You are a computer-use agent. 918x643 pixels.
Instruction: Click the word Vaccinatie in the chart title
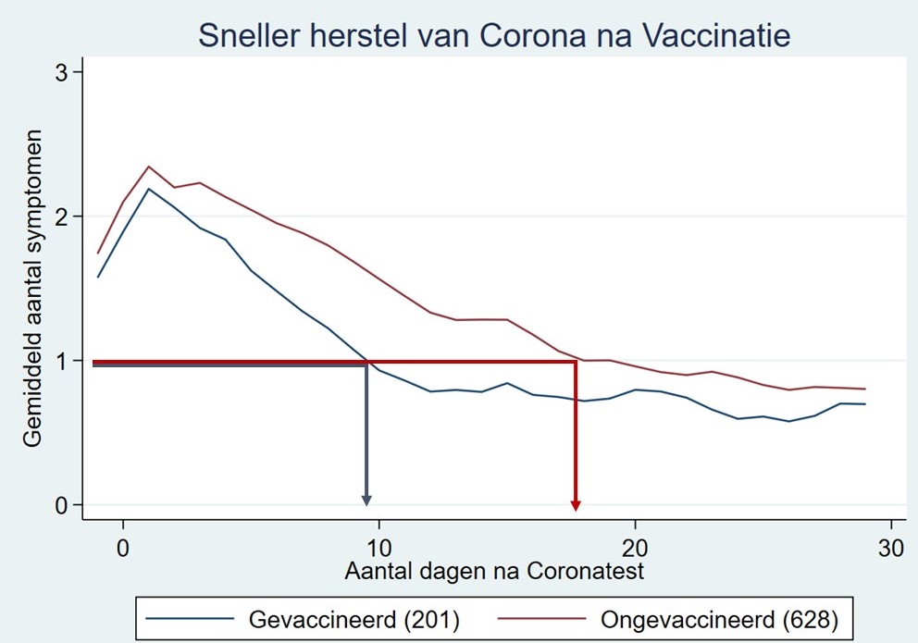pos(716,36)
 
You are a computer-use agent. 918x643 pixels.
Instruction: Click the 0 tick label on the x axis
pos(123,546)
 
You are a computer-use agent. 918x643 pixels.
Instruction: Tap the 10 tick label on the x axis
pos(379,546)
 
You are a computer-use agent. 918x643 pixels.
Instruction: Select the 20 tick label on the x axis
pos(635,546)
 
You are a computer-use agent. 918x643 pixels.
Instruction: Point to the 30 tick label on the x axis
pos(890,546)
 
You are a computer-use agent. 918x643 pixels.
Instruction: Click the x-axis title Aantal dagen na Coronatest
pos(494,572)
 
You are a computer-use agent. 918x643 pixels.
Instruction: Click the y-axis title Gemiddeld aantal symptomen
pos(33,289)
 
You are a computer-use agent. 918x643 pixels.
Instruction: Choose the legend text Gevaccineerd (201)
pos(354,617)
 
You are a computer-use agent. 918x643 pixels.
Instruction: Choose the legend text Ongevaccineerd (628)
pos(718,617)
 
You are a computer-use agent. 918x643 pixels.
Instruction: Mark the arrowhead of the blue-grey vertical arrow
pos(366,501)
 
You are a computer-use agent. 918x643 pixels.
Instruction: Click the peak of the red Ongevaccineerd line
pos(148,167)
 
